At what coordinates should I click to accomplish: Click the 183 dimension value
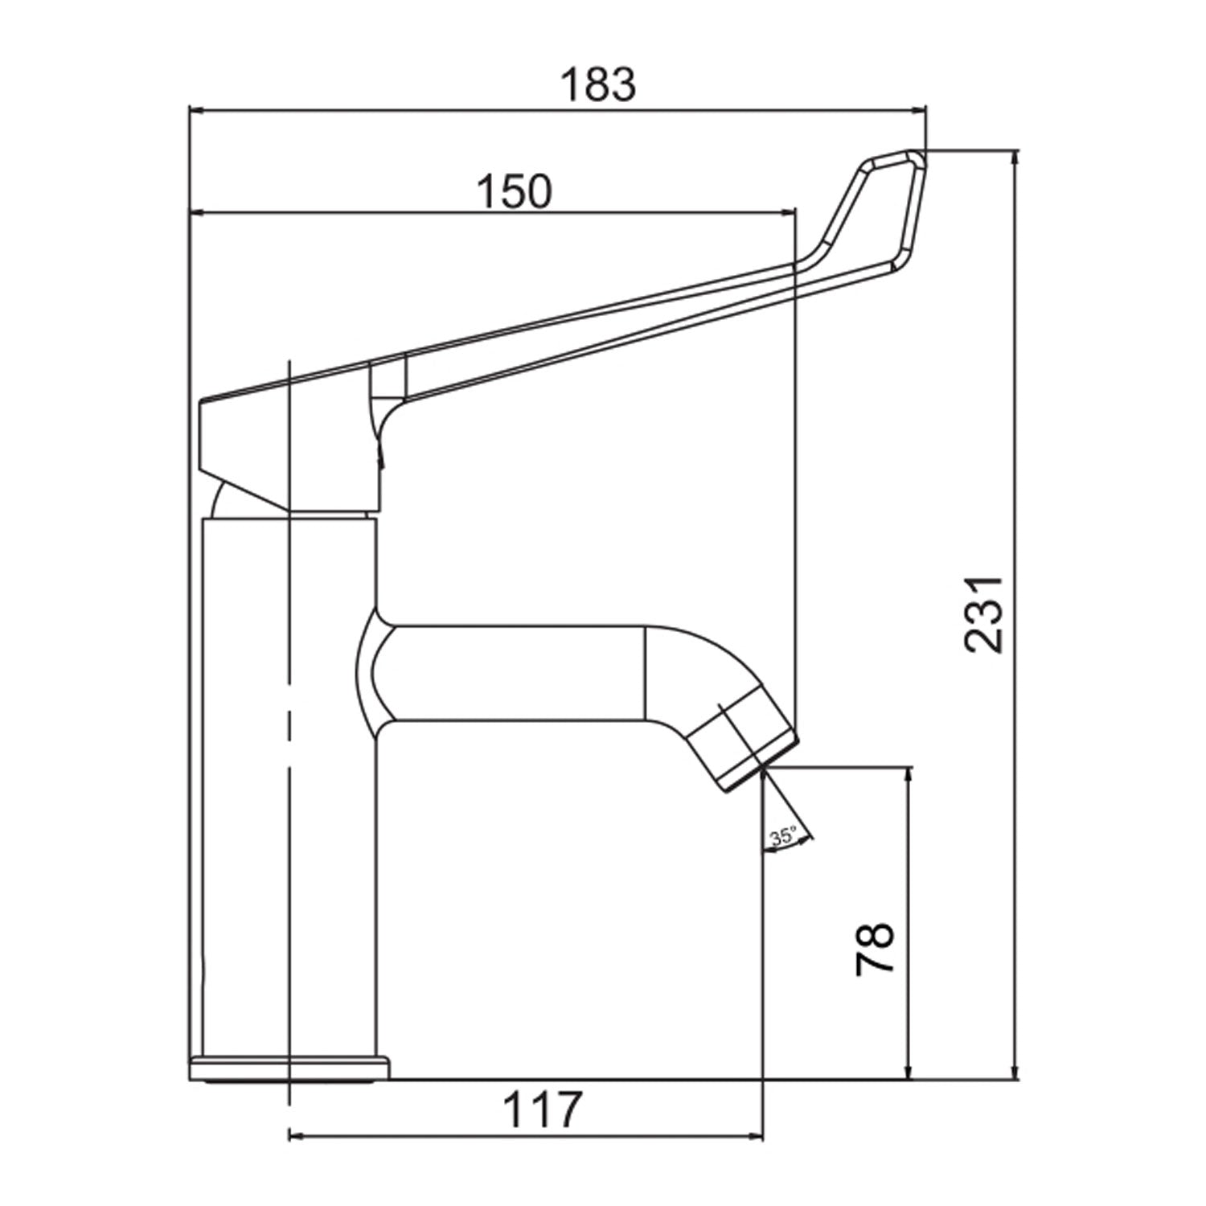pos(598,85)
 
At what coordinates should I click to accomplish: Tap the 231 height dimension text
pos(984,614)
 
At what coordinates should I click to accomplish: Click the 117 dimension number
pos(541,1110)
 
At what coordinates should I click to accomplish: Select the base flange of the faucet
pos(289,1068)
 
